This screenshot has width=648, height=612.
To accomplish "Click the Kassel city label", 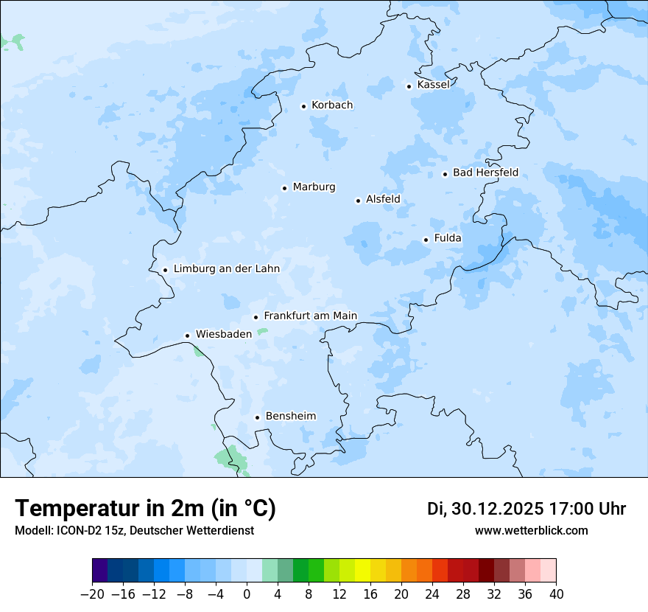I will pyautogui.click(x=433, y=85).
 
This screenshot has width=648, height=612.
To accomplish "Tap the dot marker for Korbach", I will pyautogui.click(x=303, y=106).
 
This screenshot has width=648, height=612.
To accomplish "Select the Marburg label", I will pyautogui.click(x=314, y=187).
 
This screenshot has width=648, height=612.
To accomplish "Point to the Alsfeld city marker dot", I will pyautogui.click(x=358, y=201).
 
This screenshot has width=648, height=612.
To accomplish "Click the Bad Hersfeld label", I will pyautogui.click(x=485, y=173).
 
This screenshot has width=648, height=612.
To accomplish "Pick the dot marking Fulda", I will pyautogui.click(x=426, y=240).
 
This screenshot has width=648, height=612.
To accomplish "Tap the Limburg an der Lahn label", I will pyautogui.click(x=226, y=269).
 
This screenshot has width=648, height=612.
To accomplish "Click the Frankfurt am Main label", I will pyautogui.click(x=310, y=316).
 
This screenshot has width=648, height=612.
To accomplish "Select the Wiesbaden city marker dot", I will pyautogui.click(x=187, y=335).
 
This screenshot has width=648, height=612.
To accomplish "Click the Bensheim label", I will pyautogui.click(x=290, y=417).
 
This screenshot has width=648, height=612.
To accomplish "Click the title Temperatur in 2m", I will pyautogui.click(x=145, y=509).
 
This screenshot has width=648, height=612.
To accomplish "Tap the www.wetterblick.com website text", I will pyautogui.click(x=531, y=531).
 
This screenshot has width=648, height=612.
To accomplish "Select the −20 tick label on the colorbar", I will pyautogui.click(x=92, y=594).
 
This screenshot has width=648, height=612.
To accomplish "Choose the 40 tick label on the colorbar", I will pyautogui.click(x=556, y=594).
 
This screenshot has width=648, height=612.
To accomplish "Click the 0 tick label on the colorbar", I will pyautogui.click(x=247, y=594).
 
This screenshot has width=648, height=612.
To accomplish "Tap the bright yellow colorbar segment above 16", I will pyautogui.click(x=362, y=571).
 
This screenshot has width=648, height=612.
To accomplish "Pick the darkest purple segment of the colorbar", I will pyautogui.click(x=99, y=571).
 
